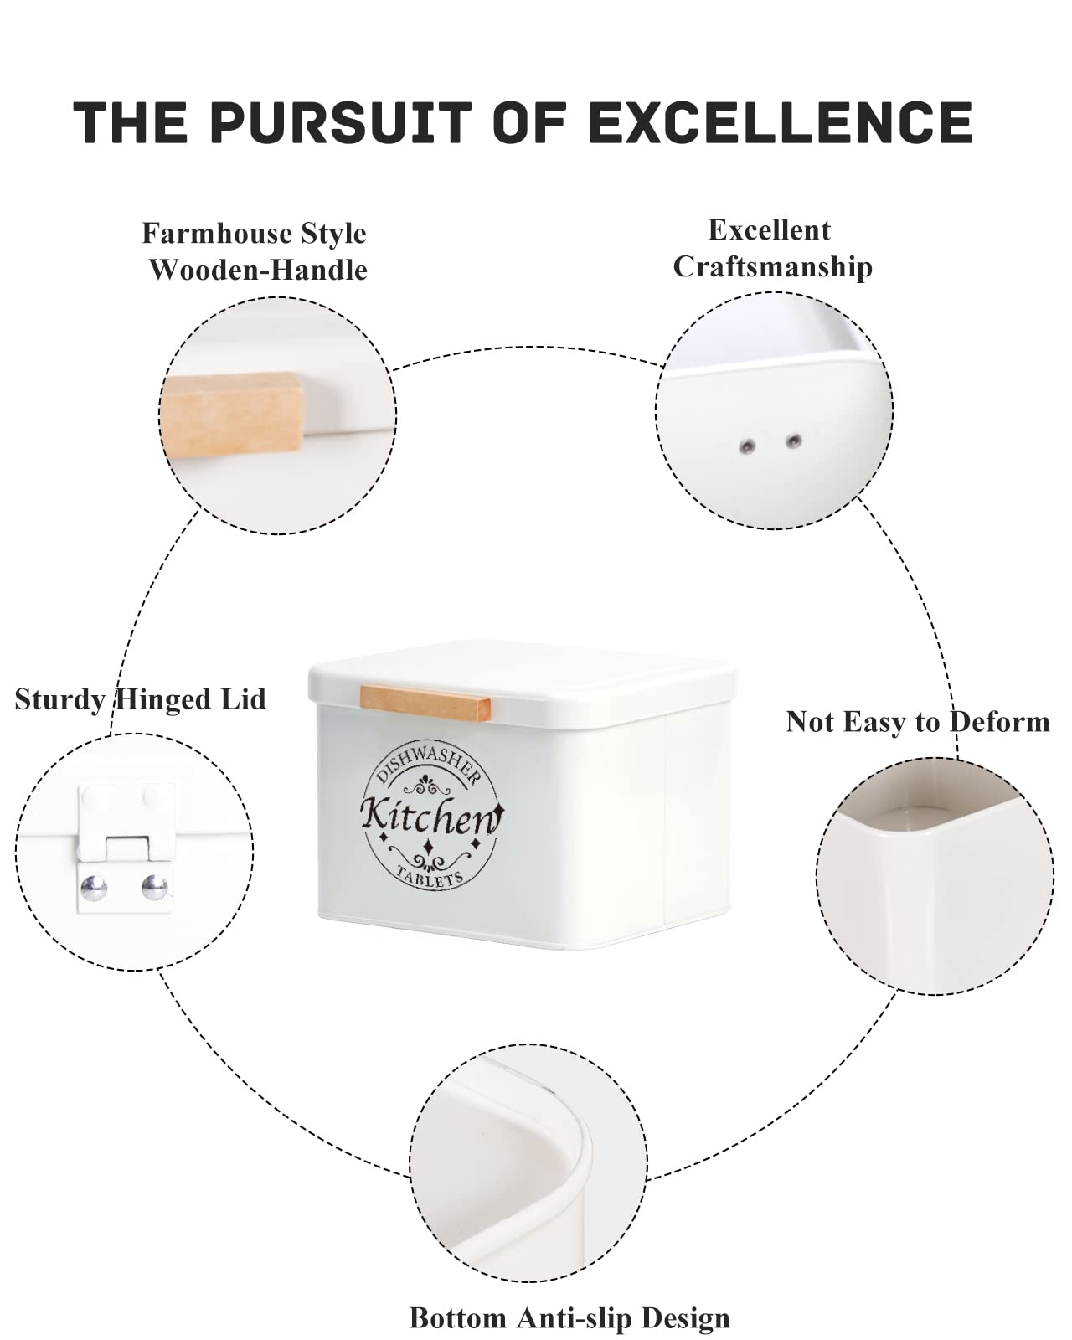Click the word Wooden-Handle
259,271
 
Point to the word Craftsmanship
772,267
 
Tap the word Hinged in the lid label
164,699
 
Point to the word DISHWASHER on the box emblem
429,764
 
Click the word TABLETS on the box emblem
430,876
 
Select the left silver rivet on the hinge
94,887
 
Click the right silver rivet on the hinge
154,887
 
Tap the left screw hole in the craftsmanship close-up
747,446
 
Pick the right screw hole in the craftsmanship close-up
792,441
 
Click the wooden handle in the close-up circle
231,414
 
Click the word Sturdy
60,700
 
